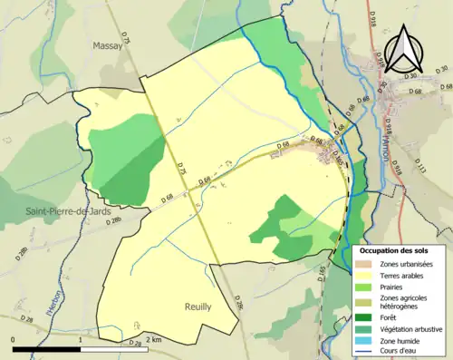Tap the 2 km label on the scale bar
(152, 339)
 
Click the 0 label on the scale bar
(14, 339)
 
